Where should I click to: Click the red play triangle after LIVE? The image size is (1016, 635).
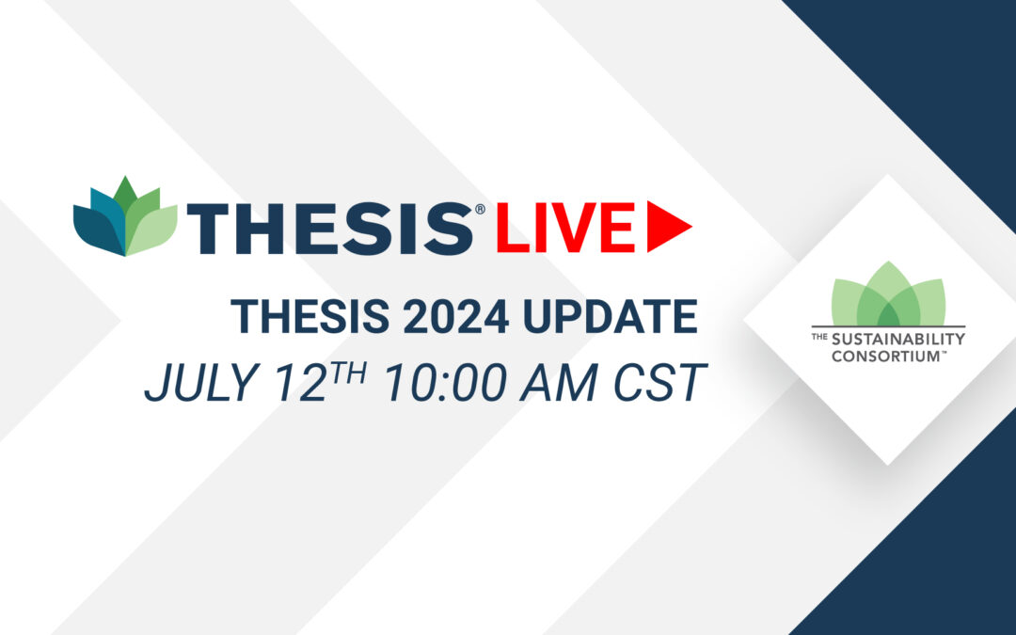click(666, 226)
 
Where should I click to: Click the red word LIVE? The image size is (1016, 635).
click(565, 227)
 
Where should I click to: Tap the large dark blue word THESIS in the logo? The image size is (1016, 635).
click(330, 228)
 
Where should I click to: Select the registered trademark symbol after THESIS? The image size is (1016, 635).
click(480, 209)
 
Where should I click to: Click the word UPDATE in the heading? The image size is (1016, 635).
click(610, 316)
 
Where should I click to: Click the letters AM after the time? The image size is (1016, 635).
click(559, 382)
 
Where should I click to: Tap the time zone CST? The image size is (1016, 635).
click(659, 382)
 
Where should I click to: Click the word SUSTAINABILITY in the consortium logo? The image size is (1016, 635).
click(898, 339)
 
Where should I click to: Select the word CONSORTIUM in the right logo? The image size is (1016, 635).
click(886, 356)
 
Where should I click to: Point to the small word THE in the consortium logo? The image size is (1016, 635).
click(819, 337)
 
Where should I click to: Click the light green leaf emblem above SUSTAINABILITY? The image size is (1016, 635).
click(888, 294)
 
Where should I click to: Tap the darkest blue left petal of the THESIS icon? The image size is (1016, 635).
click(97, 230)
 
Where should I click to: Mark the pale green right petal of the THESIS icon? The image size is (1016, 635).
click(153, 230)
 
